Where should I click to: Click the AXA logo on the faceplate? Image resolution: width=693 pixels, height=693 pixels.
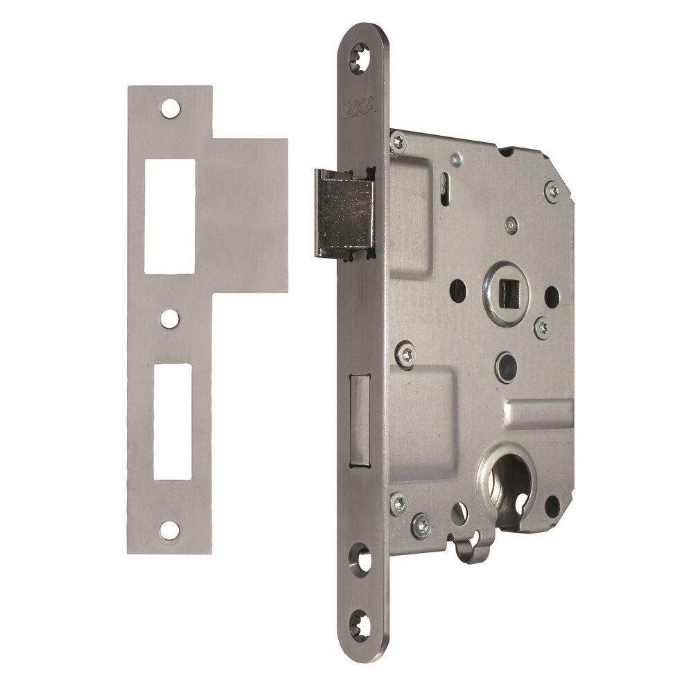click(360, 105)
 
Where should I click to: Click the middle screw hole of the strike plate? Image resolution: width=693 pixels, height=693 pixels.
click(168, 318)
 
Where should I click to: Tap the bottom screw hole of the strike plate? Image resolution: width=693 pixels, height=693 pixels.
click(168, 530)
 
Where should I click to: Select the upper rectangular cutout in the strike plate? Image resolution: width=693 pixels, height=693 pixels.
click(168, 216)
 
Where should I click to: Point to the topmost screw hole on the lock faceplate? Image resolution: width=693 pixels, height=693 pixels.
click(362, 56)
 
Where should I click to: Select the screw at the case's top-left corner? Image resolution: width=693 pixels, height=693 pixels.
click(398, 143)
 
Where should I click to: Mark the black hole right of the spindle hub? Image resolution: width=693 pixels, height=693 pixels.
click(552, 297)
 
